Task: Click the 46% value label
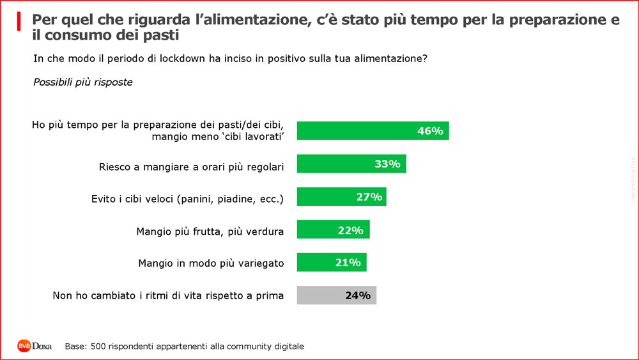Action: tap(430, 131)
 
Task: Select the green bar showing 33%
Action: tap(351, 164)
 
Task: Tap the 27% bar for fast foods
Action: tap(341, 197)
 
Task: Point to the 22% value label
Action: tap(350, 230)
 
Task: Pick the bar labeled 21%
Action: tap(332, 263)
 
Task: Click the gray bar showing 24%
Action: tap(337, 295)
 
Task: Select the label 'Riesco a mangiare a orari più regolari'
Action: tap(191, 166)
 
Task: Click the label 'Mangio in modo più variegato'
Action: tap(211, 263)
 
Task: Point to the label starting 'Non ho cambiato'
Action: tap(167, 295)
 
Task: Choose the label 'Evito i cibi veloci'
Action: tap(187, 198)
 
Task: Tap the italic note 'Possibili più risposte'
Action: tap(82, 82)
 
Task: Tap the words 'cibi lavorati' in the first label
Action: tap(263, 136)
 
